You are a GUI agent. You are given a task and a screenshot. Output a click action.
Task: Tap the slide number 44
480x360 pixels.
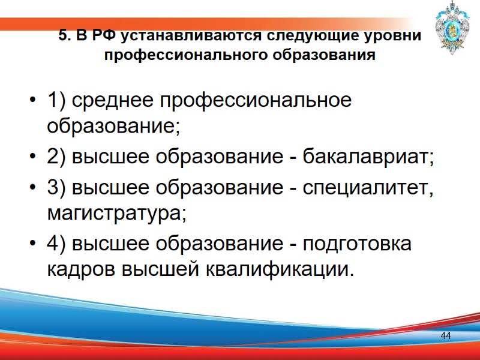(x=446, y=335)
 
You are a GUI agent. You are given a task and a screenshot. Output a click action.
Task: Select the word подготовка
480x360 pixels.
(x=358, y=244)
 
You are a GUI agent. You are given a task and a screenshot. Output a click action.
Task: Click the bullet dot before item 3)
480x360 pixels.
(x=32, y=187)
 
